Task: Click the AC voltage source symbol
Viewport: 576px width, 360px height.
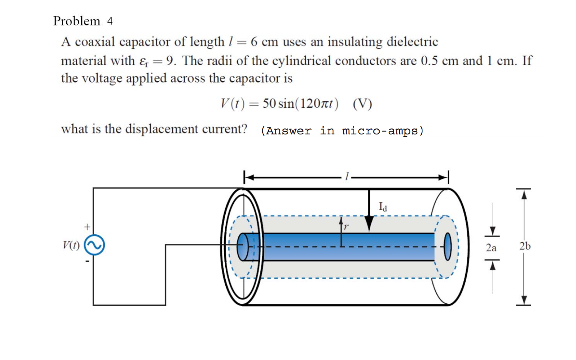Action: point(94,245)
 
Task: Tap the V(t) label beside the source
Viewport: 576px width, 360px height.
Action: point(71,245)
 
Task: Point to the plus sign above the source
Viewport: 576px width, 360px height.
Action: point(87,227)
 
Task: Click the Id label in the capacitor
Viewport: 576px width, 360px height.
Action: point(383,207)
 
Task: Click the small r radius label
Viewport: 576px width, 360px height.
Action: point(346,227)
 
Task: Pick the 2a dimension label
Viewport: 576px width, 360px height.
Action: point(491,248)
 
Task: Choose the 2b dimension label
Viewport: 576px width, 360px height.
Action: point(525,246)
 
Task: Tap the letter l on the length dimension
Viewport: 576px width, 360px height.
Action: point(346,176)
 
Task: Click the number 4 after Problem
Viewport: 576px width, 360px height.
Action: point(110,21)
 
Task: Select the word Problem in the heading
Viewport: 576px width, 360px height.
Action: point(77,21)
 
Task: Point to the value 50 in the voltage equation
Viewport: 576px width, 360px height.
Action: point(269,103)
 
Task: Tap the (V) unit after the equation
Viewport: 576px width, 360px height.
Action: point(362,104)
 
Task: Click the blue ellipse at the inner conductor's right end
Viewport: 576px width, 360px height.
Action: point(447,247)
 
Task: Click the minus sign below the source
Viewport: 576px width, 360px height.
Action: point(87,261)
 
